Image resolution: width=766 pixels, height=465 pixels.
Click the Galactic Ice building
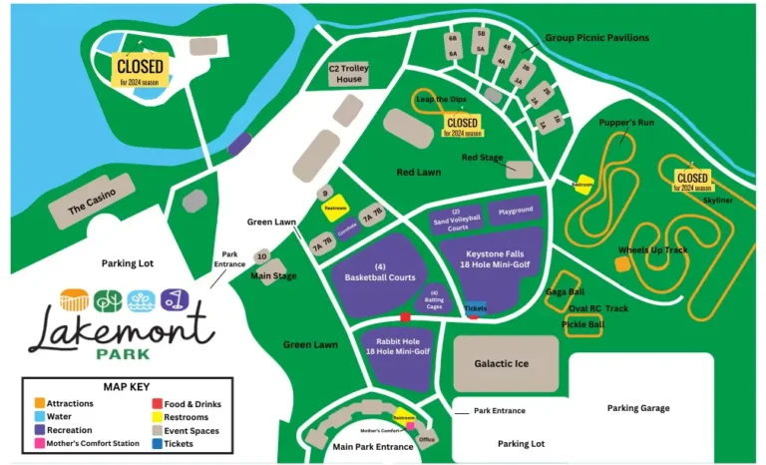click(503, 363)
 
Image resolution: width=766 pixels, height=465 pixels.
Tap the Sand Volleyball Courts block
click(456, 219)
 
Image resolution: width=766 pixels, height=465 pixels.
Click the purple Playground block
click(516, 211)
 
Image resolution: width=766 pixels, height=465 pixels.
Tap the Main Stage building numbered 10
click(261, 256)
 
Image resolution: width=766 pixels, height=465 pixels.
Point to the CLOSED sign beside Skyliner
click(691, 180)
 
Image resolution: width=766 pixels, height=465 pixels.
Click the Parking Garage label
click(639, 407)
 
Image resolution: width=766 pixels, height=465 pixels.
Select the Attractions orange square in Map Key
click(38, 403)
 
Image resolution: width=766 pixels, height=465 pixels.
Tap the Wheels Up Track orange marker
click(622, 263)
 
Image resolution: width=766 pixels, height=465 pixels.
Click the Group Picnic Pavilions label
click(596, 38)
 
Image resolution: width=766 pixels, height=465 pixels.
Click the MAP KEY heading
click(128, 387)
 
